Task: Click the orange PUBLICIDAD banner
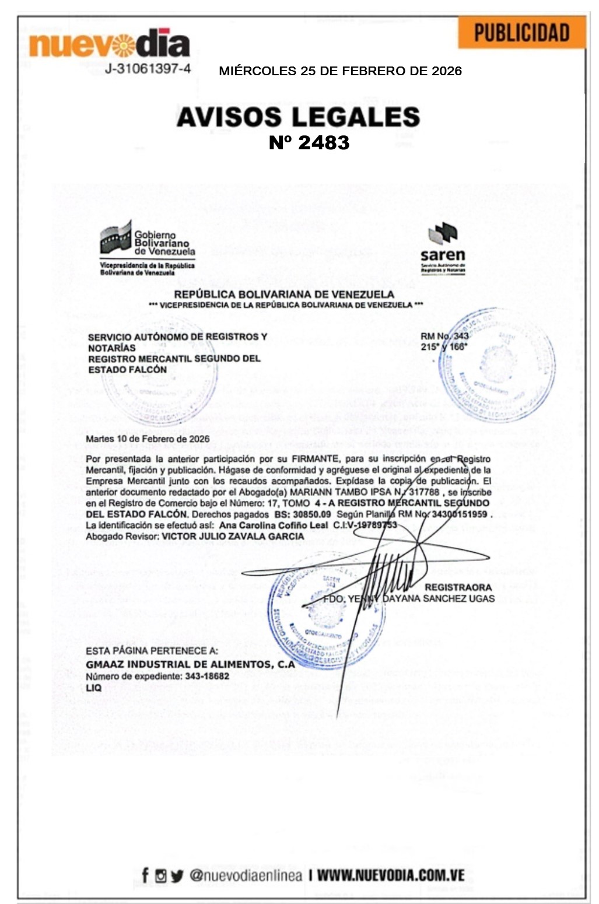point(521,33)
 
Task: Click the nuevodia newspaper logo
point(109,44)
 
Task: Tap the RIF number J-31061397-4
point(148,69)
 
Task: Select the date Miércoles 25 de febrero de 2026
point(340,71)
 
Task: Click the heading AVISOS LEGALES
point(298,117)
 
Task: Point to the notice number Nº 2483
point(309,142)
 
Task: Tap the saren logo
point(443,248)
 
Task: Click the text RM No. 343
point(444,336)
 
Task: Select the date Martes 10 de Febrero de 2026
point(148,439)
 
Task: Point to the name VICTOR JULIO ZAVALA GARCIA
point(233,536)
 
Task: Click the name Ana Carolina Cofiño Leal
point(274,525)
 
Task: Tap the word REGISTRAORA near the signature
point(458,587)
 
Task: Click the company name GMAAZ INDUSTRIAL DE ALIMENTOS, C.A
point(190,664)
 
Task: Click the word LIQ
point(93,688)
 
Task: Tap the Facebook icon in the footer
point(145,875)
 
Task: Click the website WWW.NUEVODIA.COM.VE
point(391,875)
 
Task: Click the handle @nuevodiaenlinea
point(246,875)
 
